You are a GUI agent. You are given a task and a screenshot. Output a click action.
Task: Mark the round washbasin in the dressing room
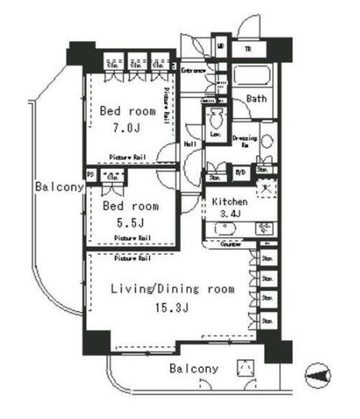click(x=267, y=143)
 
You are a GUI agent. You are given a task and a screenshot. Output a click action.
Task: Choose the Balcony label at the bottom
click(x=193, y=368)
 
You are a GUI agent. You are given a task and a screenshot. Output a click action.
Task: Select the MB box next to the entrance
click(x=220, y=47)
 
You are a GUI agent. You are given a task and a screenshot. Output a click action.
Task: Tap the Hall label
click(x=190, y=144)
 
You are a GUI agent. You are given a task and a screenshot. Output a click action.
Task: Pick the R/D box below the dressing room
click(x=240, y=169)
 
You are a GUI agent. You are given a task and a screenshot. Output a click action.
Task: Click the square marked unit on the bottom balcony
click(x=246, y=368)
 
